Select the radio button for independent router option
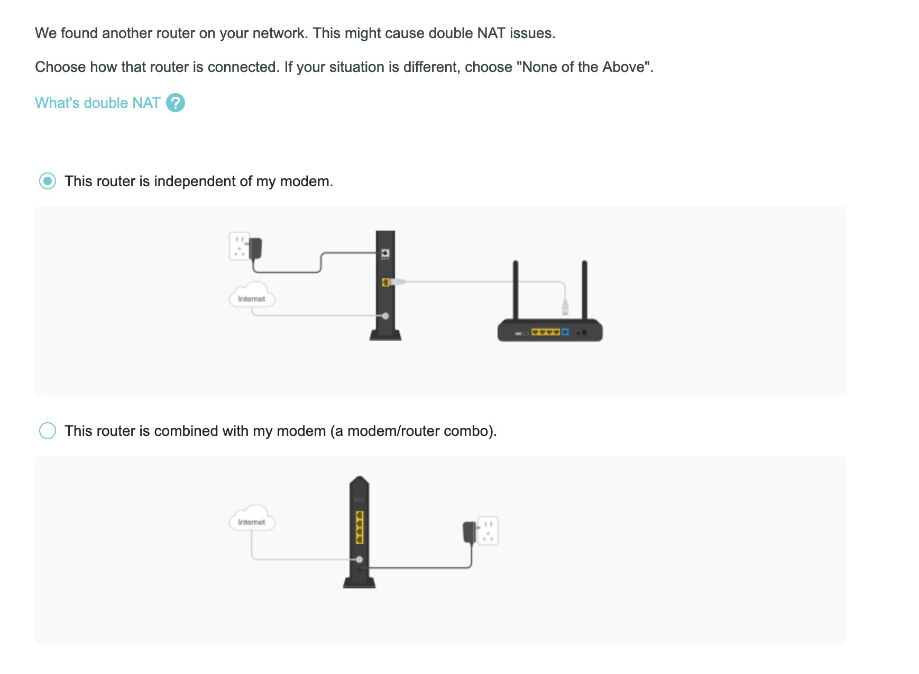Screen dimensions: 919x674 pyautogui.click(x=48, y=181)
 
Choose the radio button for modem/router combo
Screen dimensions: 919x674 pyautogui.click(x=48, y=431)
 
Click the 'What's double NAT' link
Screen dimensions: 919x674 pyautogui.click(x=97, y=103)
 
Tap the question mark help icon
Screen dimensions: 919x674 pyautogui.click(x=176, y=103)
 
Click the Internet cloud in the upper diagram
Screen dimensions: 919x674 pyautogui.click(x=252, y=295)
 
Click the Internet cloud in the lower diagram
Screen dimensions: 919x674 pyautogui.click(x=252, y=518)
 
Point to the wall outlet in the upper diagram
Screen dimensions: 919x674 pyautogui.click(x=239, y=245)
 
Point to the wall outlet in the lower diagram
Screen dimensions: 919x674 pyautogui.click(x=488, y=531)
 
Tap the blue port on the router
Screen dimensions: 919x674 pyautogui.click(x=565, y=332)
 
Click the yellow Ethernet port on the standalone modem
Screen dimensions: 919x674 pyautogui.click(x=386, y=282)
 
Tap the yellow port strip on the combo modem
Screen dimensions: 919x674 pyautogui.click(x=360, y=527)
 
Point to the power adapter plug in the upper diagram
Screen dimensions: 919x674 pyautogui.click(x=255, y=248)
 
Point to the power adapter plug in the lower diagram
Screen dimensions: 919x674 pyautogui.click(x=470, y=532)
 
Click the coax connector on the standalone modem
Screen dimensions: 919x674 pyautogui.click(x=385, y=316)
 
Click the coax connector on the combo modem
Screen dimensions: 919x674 pyautogui.click(x=360, y=559)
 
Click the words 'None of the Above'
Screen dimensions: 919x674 pyautogui.click(x=584, y=67)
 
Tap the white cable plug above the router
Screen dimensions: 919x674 pyautogui.click(x=565, y=306)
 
